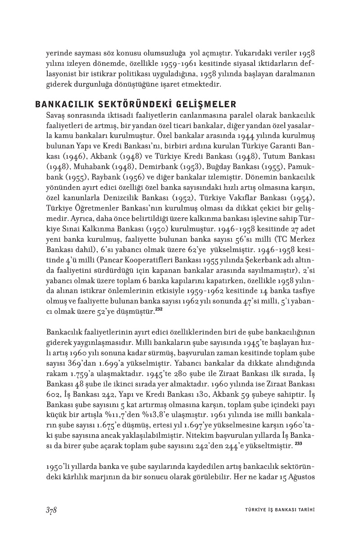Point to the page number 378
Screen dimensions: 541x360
tap(51, 510)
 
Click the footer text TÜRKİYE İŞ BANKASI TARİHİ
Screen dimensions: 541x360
tap(277, 510)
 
